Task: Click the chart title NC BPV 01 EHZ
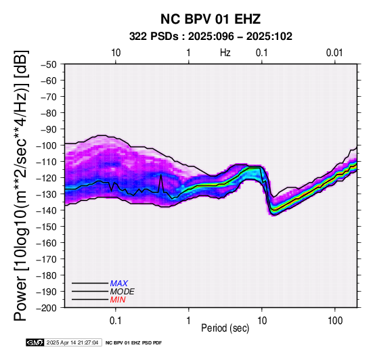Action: pos(211,19)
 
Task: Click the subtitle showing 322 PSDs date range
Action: pos(211,37)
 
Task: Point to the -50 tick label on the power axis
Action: pos(49,64)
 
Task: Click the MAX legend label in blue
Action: pos(119,284)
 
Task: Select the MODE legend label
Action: pos(123,292)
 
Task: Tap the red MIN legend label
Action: pos(118,300)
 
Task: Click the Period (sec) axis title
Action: pos(225,328)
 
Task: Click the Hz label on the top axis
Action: pos(225,53)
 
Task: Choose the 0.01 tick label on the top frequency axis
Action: pos(334,53)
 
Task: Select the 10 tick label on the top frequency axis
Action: pos(116,53)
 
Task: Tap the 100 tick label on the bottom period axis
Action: pos(335,321)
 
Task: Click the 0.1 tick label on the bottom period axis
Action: pos(116,321)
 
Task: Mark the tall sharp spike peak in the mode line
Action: pos(161,175)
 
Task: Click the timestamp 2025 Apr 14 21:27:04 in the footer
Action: pos(72,343)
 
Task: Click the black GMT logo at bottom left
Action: pos(35,342)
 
